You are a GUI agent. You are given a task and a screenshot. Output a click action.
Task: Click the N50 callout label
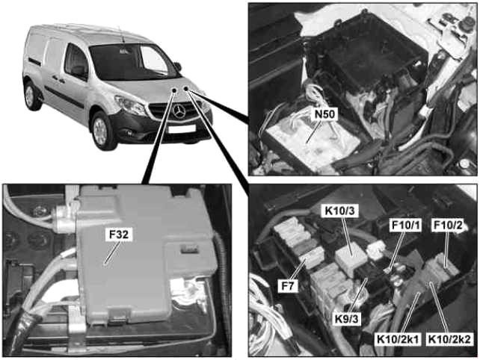tap(324, 114)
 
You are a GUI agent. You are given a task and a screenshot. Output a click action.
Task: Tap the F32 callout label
tap(119, 235)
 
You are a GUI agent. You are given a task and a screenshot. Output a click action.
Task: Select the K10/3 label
tap(339, 211)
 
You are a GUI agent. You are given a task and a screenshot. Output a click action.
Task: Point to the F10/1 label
tap(406, 225)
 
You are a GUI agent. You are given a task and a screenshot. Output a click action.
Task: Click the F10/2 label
tap(448, 225)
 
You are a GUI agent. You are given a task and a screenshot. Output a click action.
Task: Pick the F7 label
tap(287, 286)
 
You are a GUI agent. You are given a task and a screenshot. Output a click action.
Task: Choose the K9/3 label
tap(346, 319)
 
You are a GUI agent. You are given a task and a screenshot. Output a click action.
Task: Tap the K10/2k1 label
tap(398, 339)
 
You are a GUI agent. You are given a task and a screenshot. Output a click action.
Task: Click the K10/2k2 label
tap(449, 339)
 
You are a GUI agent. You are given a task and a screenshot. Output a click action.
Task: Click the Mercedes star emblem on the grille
tap(179, 111)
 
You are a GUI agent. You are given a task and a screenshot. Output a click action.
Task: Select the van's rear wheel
tap(31, 96)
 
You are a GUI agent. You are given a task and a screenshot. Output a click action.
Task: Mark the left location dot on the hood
tap(174, 90)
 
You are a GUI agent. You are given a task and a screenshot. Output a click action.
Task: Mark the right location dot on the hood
tap(186, 89)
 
